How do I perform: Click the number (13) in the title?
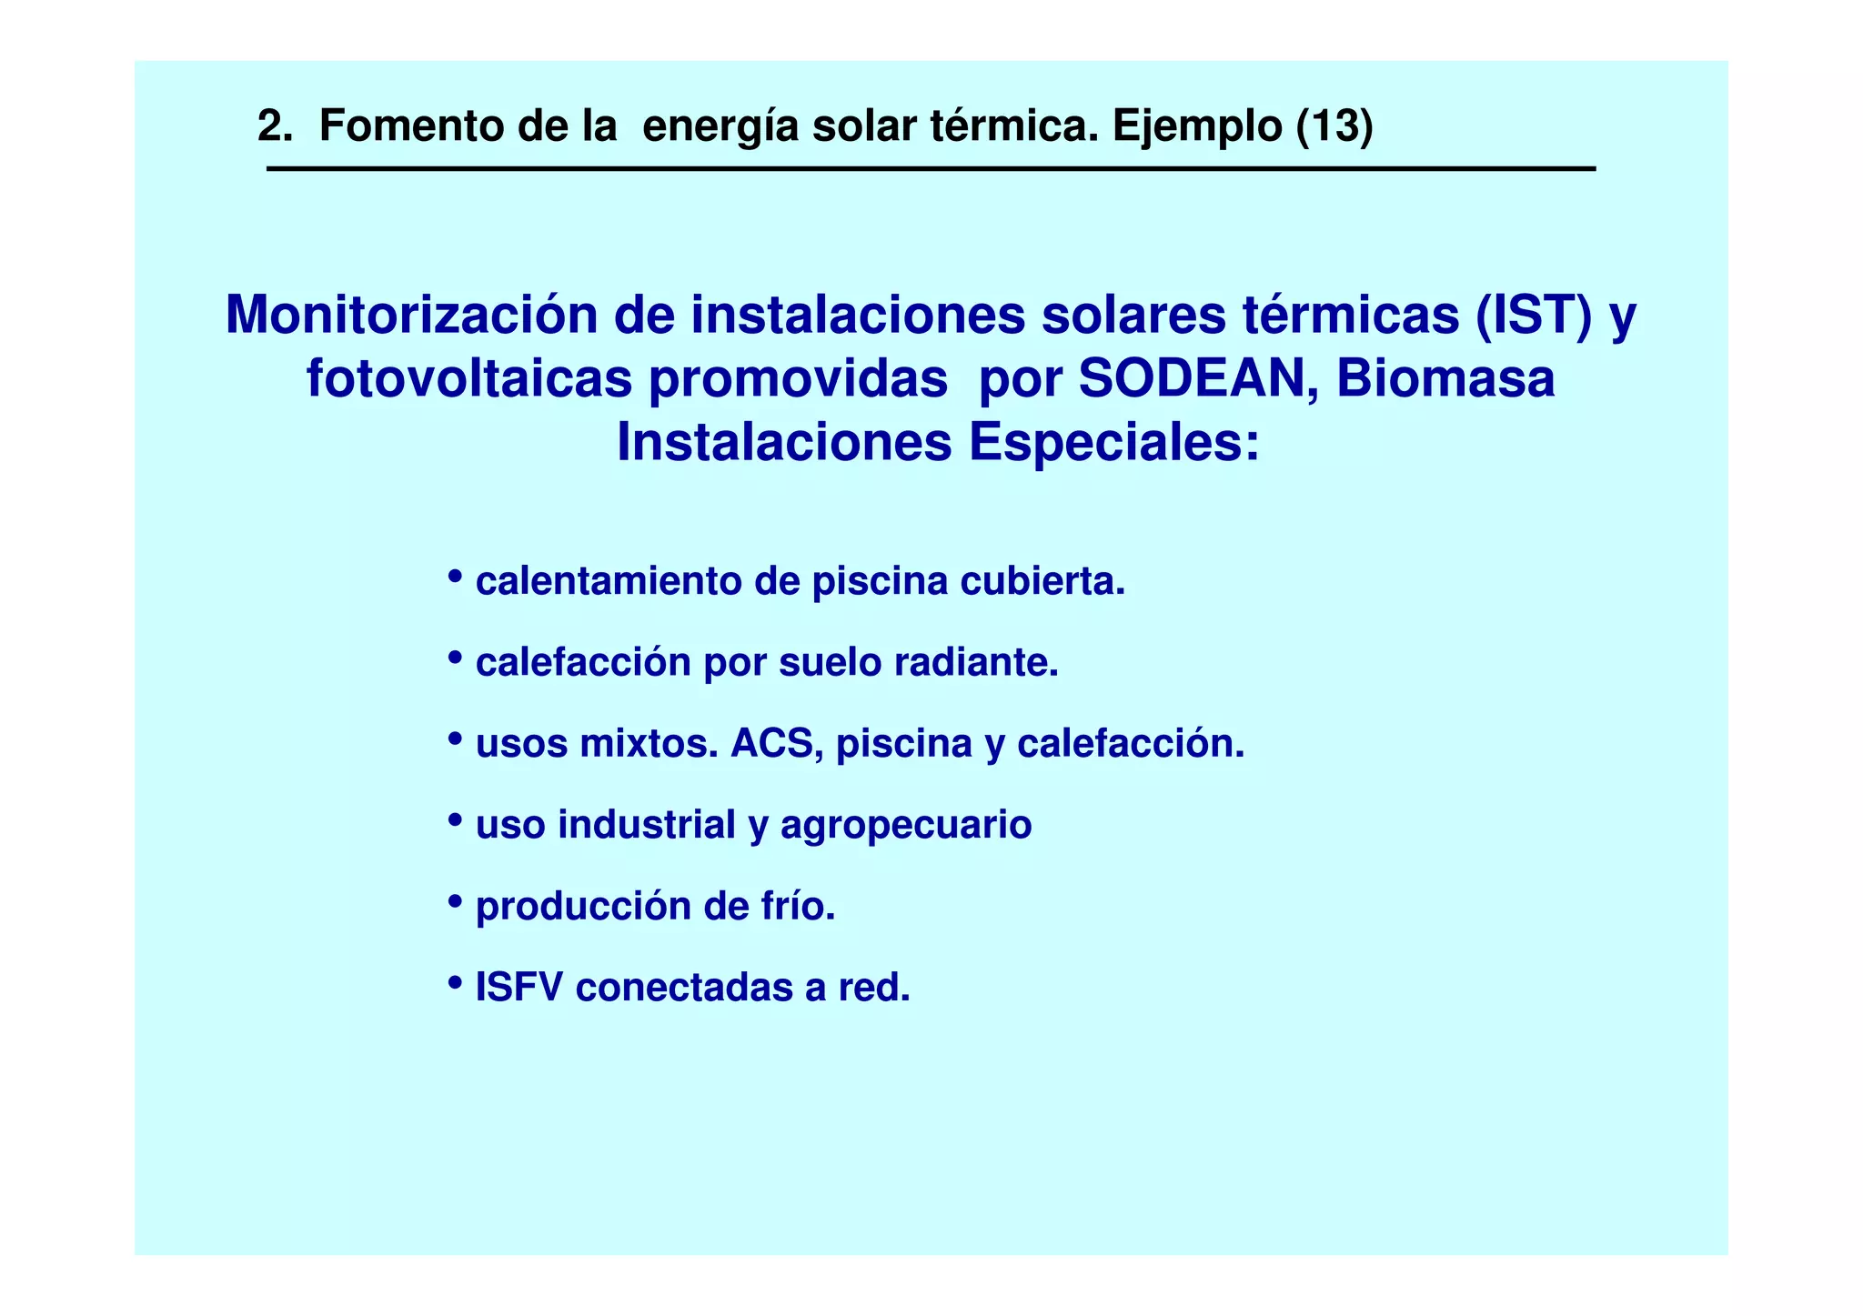point(1334,126)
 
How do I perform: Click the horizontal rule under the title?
point(931,169)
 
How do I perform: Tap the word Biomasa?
point(1445,379)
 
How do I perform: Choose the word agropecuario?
point(905,826)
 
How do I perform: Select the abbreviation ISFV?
point(519,988)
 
